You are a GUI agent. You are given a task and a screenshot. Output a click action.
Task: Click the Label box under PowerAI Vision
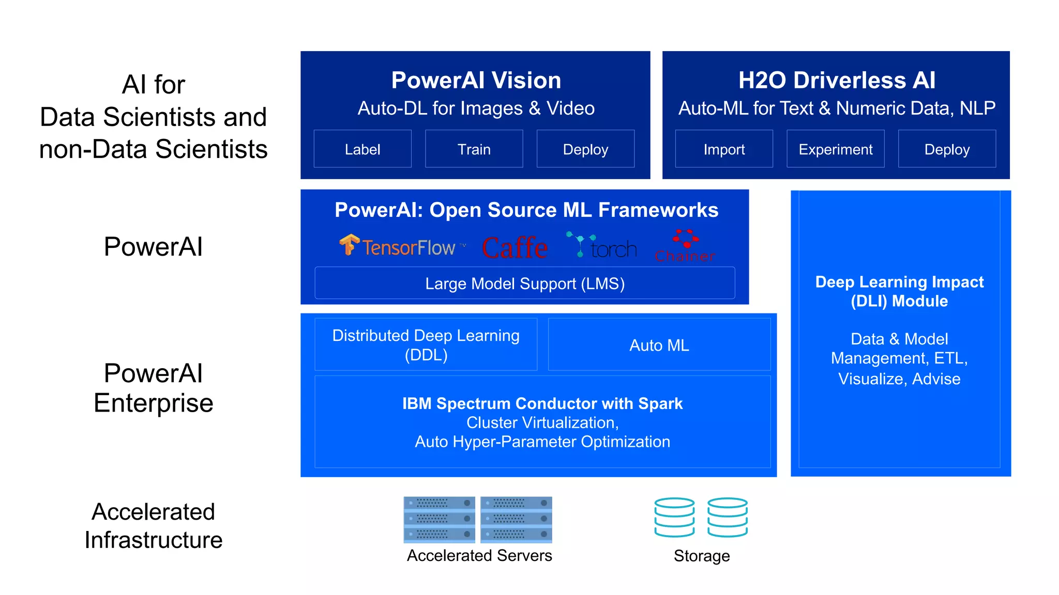(362, 149)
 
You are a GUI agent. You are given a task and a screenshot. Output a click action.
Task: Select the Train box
(474, 149)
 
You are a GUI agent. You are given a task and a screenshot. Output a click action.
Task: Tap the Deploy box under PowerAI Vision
(585, 149)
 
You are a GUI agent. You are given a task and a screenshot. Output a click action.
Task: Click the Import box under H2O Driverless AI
(724, 149)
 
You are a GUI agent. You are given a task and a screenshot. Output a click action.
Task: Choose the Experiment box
(836, 149)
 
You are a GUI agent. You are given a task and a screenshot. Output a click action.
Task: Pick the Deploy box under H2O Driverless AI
(947, 149)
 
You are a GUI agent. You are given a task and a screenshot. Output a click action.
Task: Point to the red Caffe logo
(515, 247)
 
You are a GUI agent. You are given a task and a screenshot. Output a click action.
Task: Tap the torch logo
(602, 246)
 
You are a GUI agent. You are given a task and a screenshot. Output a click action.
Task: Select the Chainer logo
(685, 246)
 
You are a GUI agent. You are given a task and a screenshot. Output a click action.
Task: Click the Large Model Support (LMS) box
(525, 283)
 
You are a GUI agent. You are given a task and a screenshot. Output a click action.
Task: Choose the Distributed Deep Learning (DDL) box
(426, 345)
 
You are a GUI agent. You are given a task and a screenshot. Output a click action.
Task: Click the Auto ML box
(659, 345)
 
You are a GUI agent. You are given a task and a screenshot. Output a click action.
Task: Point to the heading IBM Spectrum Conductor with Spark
(542, 403)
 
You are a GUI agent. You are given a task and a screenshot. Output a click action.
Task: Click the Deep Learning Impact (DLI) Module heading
(899, 291)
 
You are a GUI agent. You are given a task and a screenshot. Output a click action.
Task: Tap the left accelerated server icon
(439, 519)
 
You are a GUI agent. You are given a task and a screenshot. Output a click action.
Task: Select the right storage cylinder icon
(728, 517)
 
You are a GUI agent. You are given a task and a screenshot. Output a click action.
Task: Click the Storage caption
(702, 556)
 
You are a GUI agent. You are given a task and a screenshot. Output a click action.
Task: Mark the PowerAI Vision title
(476, 80)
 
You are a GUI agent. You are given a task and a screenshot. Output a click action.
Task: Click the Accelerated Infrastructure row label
(154, 526)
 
